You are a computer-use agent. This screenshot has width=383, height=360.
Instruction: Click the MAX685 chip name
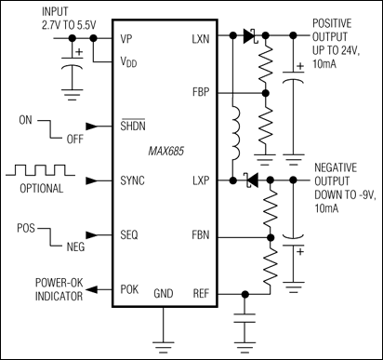point(165,153)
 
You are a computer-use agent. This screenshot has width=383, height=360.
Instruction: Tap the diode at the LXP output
point(248,180)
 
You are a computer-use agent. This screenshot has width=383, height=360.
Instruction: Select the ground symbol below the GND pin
point(165,340)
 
